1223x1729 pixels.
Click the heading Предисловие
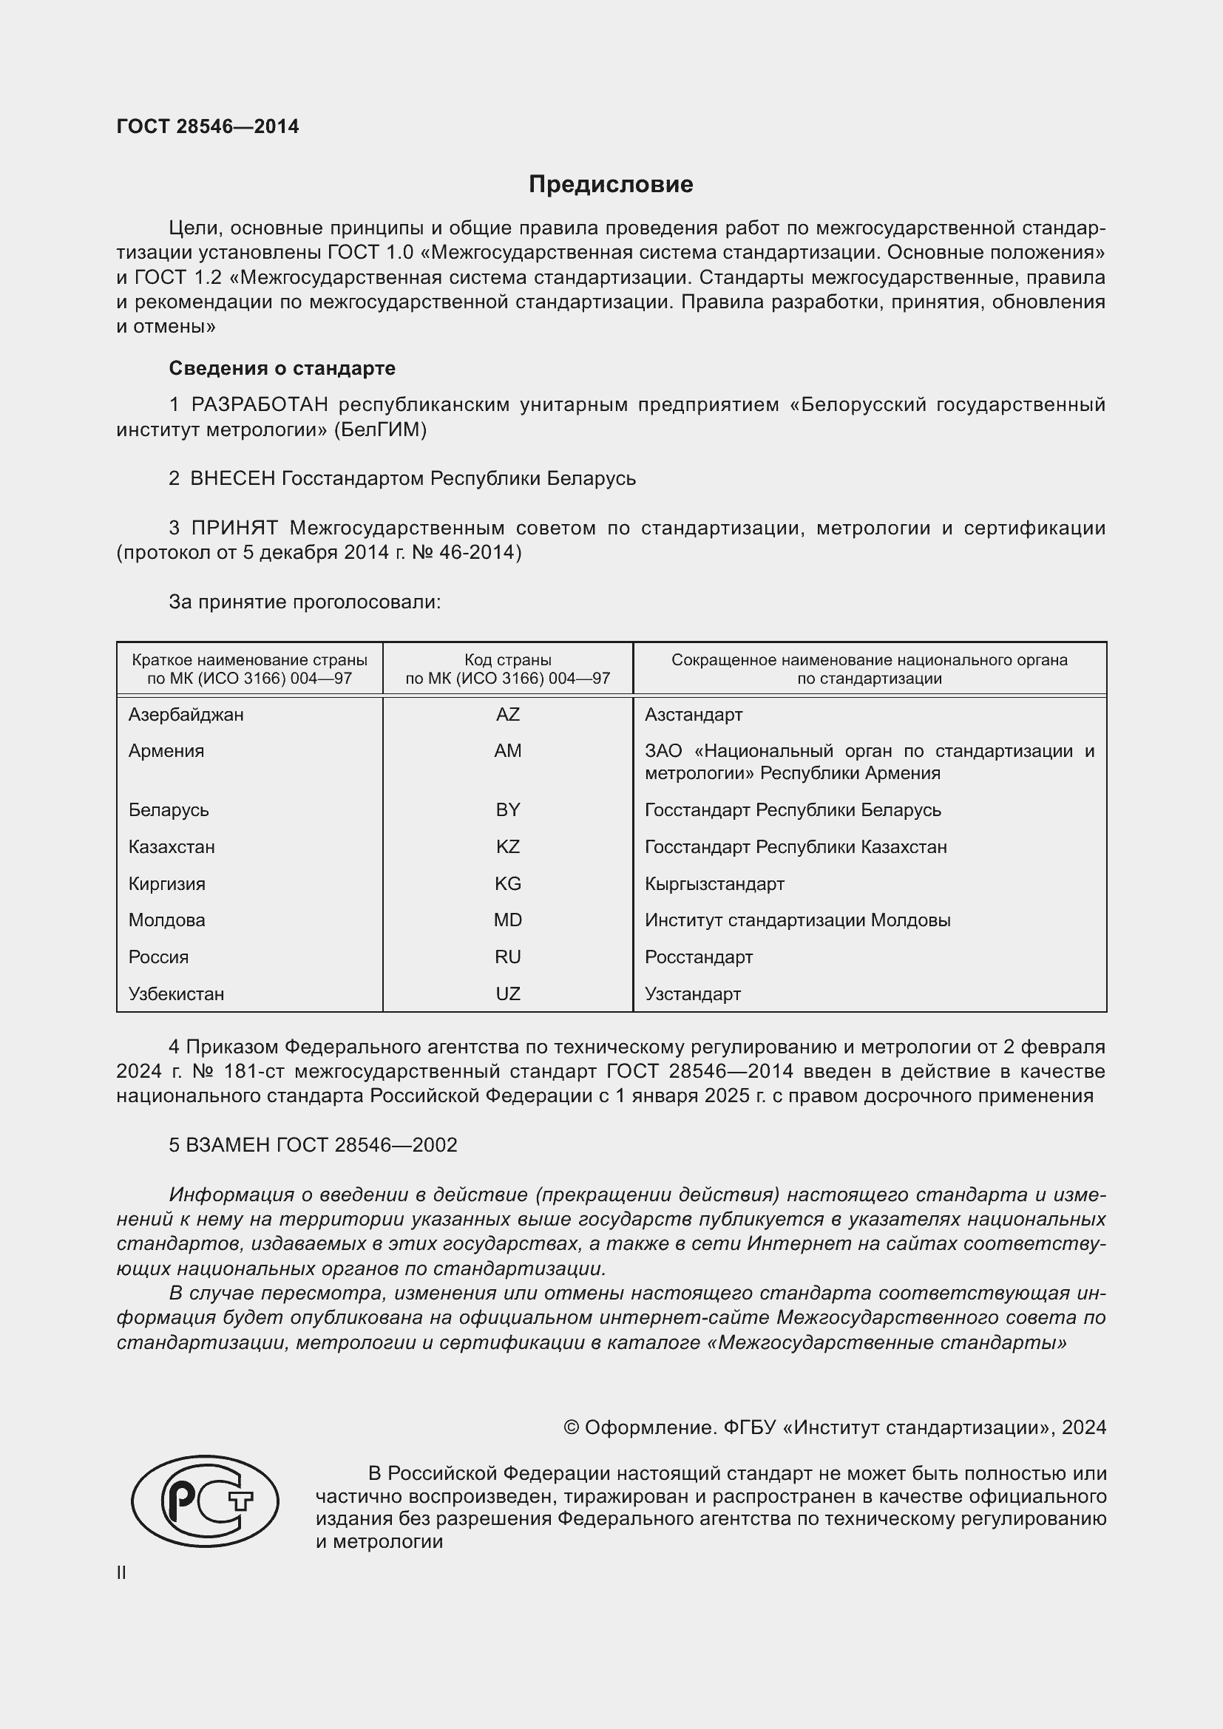(611, 185)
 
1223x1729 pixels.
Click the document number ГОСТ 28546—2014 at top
(208, 126)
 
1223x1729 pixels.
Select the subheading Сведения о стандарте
(282, 368)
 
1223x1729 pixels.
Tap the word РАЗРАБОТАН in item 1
(259, 405)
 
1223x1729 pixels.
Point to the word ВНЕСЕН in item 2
(233, 478)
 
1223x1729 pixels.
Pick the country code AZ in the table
(507, 714)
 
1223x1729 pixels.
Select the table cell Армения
(166, 751)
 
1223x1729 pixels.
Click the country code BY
(507, 809)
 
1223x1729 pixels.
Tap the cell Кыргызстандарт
(714, 883)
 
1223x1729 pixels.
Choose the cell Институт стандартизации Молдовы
(797, 920)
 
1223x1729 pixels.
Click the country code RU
(507, 957)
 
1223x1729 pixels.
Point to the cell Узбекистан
(176, 994)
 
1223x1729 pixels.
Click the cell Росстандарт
(698, 957)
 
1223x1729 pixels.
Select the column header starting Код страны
(507, 669)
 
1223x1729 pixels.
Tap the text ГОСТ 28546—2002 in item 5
(367, 1145)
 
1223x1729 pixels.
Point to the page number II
(121, 1573)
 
